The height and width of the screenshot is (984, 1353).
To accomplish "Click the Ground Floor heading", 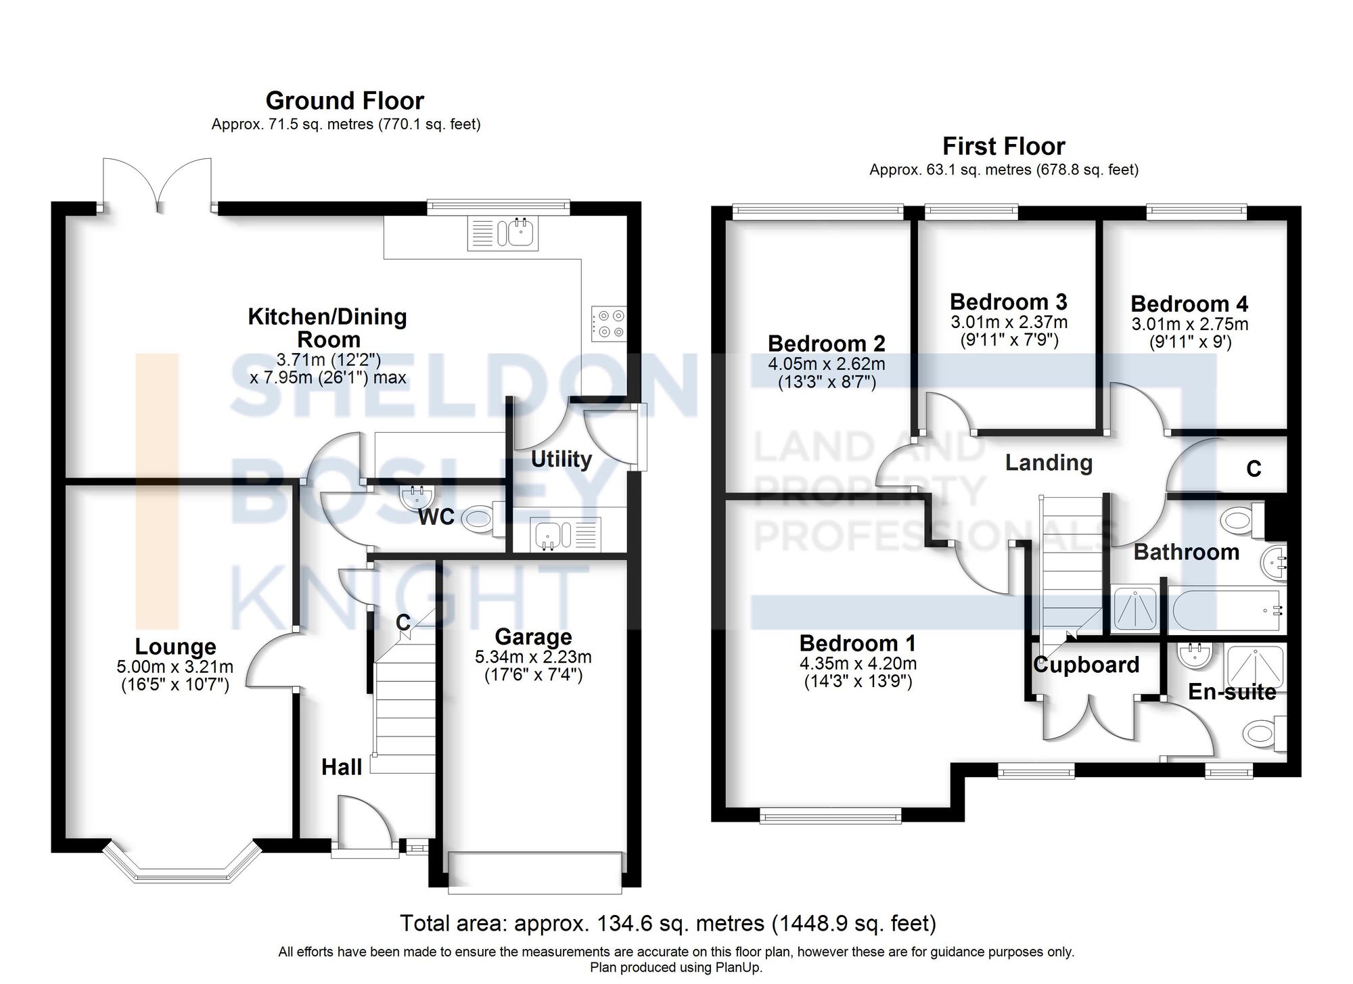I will click(344, 101).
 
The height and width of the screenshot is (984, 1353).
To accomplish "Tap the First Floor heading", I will click(1003, 146).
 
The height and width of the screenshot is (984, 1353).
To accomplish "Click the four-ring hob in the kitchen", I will click(609, 323).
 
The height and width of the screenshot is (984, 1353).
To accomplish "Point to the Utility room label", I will click(561, 459).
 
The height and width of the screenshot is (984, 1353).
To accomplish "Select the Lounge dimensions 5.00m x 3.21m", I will click(175, 667).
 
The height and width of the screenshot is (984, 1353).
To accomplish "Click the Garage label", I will click(533, 636).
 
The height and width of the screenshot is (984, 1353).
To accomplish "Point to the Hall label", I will click(342, 767).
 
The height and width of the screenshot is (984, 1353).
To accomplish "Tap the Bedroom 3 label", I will click(1008, 302).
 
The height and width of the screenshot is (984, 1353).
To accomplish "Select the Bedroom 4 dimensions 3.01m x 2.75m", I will click(1189, 324).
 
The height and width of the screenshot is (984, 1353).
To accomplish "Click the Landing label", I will click(1049, 463).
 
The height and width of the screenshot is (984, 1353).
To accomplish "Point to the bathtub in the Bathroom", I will click(1225, 611).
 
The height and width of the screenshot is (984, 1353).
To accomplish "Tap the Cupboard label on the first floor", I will click(1086, 665).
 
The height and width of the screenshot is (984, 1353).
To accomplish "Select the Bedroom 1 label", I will click(857, 643).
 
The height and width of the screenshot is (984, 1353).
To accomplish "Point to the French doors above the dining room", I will click(158, 184).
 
